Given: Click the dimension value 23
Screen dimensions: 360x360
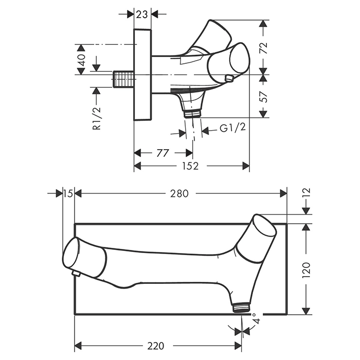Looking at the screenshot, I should [142, 14].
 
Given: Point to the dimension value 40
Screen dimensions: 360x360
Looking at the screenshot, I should [81, 60].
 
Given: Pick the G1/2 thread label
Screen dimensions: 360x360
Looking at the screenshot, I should [232, 128].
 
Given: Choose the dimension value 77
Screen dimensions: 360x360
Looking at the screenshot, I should [163, 153].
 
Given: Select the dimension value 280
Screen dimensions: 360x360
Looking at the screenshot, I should [181, 193].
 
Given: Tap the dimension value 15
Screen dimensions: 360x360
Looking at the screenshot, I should [68, 193].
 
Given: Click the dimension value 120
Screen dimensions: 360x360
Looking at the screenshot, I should [307, 268].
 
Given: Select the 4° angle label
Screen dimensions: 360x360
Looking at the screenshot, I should [256, 323].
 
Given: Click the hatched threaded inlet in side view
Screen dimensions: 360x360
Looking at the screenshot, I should [123, 81].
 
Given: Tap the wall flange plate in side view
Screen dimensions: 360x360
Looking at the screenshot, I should [142, 75].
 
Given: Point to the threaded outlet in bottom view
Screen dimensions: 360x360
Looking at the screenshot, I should [240, 307].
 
